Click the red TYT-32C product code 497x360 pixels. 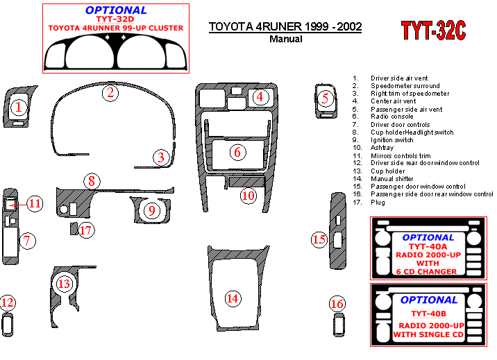433,31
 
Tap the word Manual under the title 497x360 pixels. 285,40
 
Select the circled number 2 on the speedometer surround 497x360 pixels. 110,93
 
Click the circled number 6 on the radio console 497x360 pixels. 237,153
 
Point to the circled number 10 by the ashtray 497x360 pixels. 248,196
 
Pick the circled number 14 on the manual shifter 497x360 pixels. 233,298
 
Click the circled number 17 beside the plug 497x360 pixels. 86,230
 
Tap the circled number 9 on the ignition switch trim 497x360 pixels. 152,211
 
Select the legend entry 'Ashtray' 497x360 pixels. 382,148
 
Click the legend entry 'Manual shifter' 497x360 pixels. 391,178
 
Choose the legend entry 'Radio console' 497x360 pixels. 391,117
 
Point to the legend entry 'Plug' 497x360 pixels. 378,203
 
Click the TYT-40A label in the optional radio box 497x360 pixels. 428,247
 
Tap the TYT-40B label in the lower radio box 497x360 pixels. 428,314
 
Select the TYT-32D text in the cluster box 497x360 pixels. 115,19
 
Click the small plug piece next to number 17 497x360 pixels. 74,229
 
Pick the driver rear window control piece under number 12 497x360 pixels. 8,325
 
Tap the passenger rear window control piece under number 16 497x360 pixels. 339,325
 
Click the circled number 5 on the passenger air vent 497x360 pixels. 325,98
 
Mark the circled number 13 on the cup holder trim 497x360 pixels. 65,284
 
